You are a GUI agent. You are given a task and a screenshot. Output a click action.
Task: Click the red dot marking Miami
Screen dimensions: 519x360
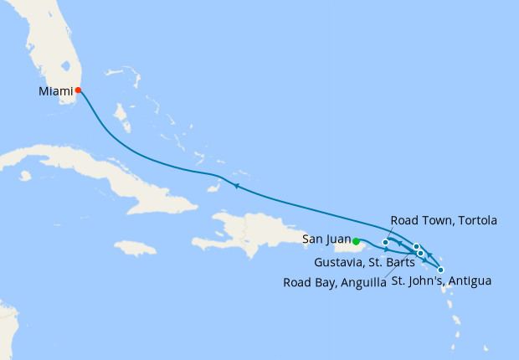click(78, 90)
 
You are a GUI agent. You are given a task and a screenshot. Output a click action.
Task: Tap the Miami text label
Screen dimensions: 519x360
click(55, 90)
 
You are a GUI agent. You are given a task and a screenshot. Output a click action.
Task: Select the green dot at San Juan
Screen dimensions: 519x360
click(357, 241)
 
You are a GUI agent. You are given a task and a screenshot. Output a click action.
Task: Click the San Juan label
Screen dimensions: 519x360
click(321, 238)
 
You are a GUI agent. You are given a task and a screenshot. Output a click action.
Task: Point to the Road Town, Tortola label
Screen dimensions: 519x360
click(444, 221)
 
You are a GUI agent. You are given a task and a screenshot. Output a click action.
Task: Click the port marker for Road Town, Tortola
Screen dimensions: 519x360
click(385, 243)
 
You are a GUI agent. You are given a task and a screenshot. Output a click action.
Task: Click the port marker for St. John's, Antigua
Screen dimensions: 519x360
click(440, 270)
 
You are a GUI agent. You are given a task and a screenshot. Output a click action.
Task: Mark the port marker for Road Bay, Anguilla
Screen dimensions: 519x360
click(417, 246)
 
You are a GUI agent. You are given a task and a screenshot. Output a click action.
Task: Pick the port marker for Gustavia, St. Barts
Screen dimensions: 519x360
click(420, 252)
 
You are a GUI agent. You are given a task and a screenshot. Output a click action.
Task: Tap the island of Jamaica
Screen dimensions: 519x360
click(136, 248)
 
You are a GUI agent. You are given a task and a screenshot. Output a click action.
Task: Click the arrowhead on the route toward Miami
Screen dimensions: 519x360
click(237, 186)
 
